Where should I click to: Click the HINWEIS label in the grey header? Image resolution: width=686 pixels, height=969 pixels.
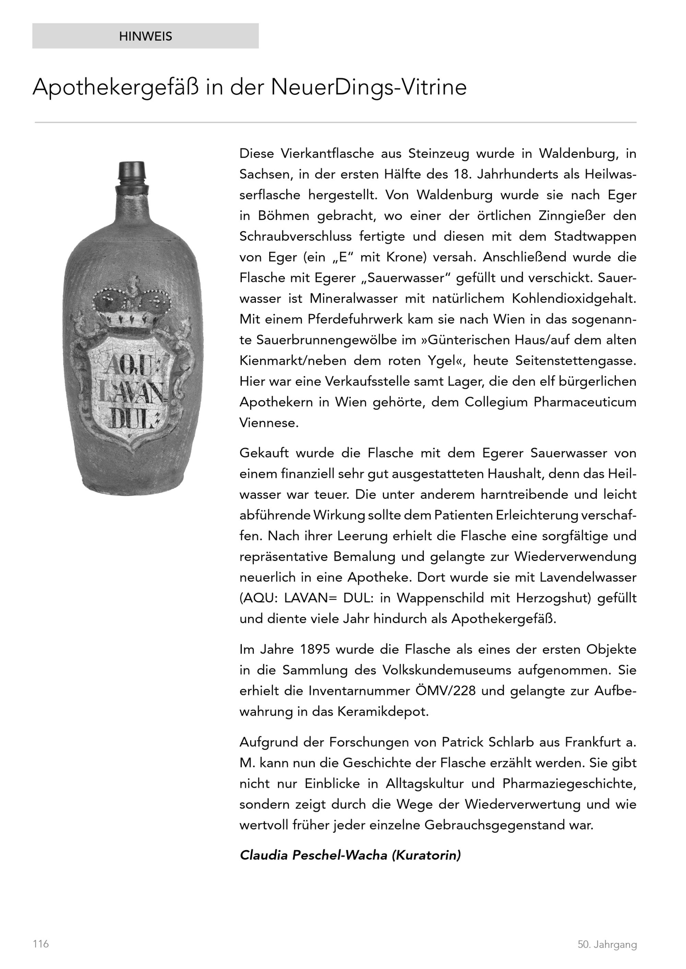(x=145, y=36)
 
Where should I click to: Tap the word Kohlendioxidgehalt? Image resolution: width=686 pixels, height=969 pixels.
(x=573, y=298)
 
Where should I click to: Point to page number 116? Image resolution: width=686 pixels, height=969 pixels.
(x=41, y=943)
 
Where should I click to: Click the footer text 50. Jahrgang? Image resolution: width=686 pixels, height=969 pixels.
(x=607, y=944)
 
